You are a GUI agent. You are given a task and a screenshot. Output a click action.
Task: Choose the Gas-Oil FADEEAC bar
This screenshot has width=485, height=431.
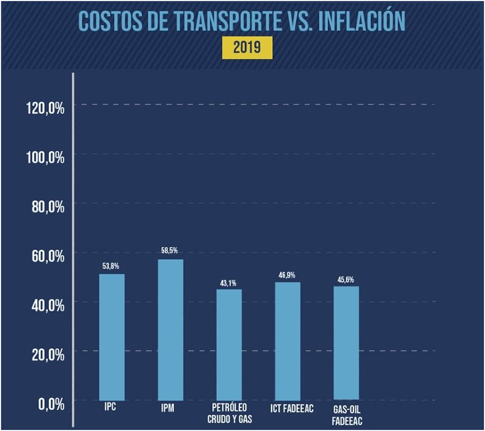coord(346,343)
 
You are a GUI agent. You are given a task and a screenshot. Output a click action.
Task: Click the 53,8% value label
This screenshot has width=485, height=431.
coord(112,266)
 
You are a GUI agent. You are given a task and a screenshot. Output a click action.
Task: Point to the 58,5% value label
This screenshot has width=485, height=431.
coord(170,251)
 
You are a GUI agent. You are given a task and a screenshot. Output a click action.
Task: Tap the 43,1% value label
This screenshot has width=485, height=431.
coord(229,281)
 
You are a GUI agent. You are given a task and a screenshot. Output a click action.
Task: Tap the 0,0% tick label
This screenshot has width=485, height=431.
coord(51,404)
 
